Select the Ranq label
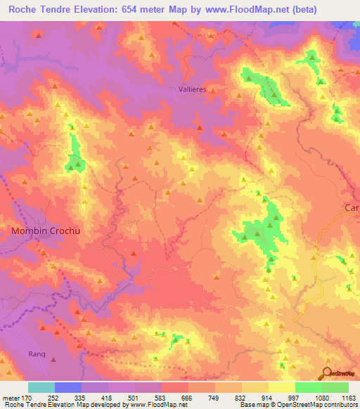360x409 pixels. point(37,354)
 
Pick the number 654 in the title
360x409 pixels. point(145,9)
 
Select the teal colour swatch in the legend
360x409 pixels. point(41,387)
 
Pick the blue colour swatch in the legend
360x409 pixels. point(68,387)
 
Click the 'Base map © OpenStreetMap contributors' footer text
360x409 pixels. point(297,405)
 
